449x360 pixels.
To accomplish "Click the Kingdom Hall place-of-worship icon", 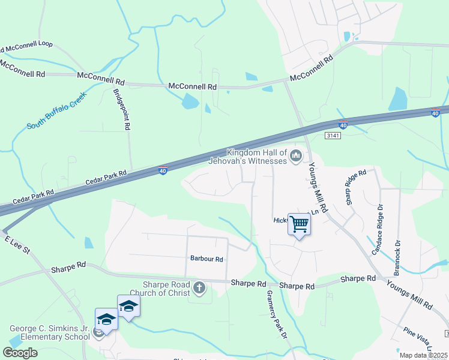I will tap(295, 157).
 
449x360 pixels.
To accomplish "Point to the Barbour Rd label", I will tap(206, 259).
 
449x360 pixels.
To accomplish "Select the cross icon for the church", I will tap(200, 289).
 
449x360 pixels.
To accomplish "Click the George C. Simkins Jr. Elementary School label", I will tap(49, 332).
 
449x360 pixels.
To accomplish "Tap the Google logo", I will tap(20, 352).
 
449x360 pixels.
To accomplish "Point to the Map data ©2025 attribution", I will tap(424, 355).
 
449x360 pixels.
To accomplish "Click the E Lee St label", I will tap(17, 244).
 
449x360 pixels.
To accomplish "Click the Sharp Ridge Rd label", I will tap(355, 187).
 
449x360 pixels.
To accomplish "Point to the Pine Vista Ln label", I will tap(418, 339).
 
